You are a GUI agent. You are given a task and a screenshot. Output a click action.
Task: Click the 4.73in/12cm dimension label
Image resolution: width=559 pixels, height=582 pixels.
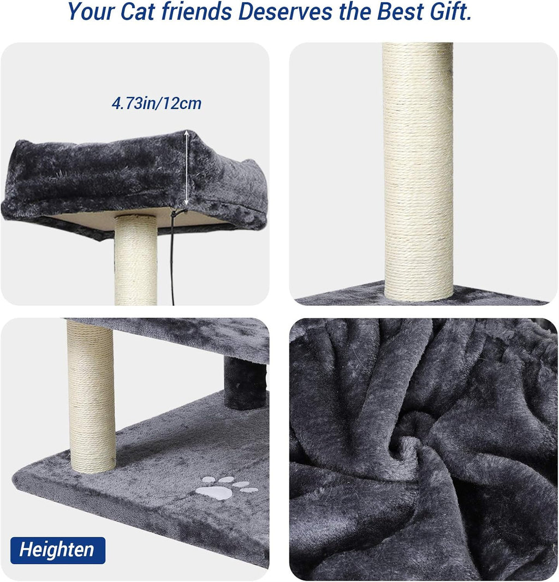[157, 103]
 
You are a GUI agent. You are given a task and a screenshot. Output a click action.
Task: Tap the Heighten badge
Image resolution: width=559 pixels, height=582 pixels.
[57, 549]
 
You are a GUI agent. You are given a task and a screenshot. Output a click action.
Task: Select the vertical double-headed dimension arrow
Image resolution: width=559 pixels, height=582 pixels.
[187, 170]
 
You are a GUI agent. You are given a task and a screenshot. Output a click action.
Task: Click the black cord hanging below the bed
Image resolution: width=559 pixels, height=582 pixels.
[173, 257]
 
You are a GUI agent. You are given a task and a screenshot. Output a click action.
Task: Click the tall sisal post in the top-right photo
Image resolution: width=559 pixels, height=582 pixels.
[418, 169]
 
